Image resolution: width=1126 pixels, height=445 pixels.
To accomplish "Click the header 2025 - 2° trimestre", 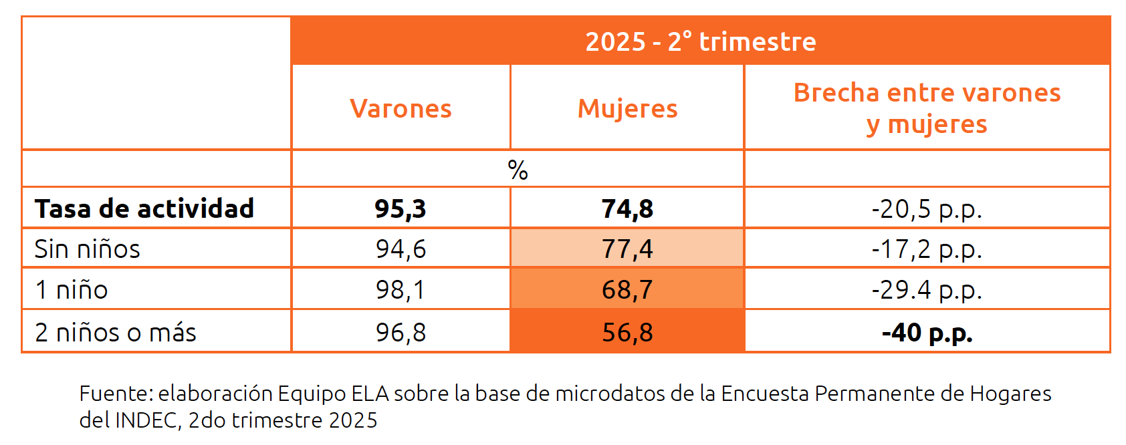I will pos(700,41).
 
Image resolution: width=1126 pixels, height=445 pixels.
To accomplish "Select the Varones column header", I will pos(401,108).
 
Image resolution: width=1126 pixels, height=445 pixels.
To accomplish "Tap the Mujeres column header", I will pos(627,108).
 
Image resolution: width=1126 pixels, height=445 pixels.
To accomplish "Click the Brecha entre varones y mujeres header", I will pos(927,108).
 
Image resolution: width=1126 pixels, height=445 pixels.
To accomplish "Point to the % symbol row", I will pos(518,170).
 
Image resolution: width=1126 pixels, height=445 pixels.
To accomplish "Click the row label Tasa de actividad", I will pos(144,208).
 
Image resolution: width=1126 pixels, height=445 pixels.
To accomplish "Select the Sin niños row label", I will pos(88,249).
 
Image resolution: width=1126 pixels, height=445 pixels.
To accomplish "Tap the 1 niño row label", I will pos(72,289).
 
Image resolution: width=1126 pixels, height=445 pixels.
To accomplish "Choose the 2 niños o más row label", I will pos(116,332).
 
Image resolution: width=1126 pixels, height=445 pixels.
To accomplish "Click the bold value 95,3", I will pos(401,208).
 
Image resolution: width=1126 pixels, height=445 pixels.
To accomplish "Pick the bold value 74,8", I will pos(627,208).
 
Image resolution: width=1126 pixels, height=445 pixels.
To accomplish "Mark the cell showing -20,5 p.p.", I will pos(927,208).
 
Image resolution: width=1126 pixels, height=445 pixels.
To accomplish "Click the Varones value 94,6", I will pos(401,249).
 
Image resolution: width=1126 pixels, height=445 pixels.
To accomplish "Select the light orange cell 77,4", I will pos(627,249).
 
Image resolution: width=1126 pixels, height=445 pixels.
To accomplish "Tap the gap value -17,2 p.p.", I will pos(927,249).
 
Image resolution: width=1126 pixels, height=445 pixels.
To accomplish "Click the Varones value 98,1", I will pos(401,289).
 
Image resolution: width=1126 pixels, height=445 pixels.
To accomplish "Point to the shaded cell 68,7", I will pos(627,289).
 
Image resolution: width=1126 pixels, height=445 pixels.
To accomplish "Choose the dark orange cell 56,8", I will pos(627,332).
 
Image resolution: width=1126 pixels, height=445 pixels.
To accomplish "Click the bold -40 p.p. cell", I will pos(927,332).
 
